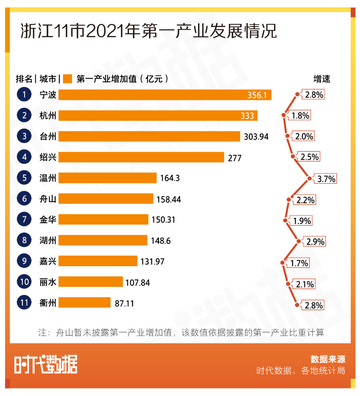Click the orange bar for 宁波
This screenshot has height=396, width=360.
(165, 95)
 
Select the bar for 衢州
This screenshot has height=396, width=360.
(84, 303)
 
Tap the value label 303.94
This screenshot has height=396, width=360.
(256, 137)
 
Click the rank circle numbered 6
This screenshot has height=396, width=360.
(24, 199)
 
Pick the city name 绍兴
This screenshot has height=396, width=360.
(48, 157)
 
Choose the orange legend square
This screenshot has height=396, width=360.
(67, 79)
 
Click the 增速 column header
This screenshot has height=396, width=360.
(322, 79)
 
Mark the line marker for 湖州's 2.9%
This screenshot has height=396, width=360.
(299, 241)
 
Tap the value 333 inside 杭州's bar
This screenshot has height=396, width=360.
(247, 116)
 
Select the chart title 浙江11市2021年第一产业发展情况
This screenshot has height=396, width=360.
(149, 31)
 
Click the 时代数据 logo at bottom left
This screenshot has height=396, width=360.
(46, 364)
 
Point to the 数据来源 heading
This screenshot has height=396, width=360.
(328, 359)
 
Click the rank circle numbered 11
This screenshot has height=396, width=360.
(24, 303)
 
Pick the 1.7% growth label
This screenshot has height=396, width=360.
(299, 263)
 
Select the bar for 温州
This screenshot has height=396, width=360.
(107, 178)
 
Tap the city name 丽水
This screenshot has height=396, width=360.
(48, 282)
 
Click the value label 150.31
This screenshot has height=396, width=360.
(163, 220)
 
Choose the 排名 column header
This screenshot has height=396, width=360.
(24, 79)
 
